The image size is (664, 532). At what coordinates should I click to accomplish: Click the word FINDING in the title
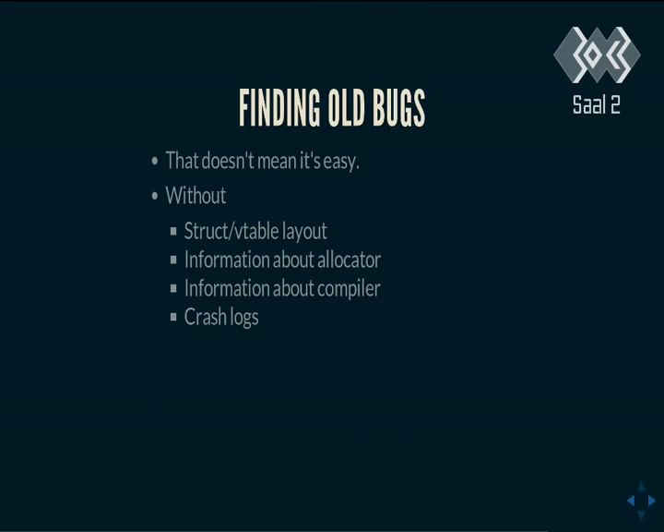[279, 108]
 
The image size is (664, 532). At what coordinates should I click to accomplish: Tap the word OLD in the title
[347, 108]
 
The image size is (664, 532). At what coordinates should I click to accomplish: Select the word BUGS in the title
[398, 108]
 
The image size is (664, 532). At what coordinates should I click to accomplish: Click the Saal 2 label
[597, 104]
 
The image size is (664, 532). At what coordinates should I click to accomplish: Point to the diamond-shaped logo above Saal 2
[597, 54]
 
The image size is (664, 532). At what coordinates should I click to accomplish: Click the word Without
[196, 196]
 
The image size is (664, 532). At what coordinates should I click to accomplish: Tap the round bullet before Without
[155, 196]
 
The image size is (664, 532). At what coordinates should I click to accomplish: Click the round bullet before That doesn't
[155, 161]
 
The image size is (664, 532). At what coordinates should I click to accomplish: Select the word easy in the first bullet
[341, 162]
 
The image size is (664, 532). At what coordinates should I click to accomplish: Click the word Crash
[206, 317]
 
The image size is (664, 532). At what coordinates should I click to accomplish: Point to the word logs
[243, 318]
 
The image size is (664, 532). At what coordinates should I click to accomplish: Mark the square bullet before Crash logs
[173, 317]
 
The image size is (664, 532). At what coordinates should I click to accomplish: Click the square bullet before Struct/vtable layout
[173, 231]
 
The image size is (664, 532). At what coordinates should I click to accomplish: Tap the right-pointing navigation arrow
[652, 501]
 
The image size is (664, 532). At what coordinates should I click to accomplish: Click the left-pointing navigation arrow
[631, 501]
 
